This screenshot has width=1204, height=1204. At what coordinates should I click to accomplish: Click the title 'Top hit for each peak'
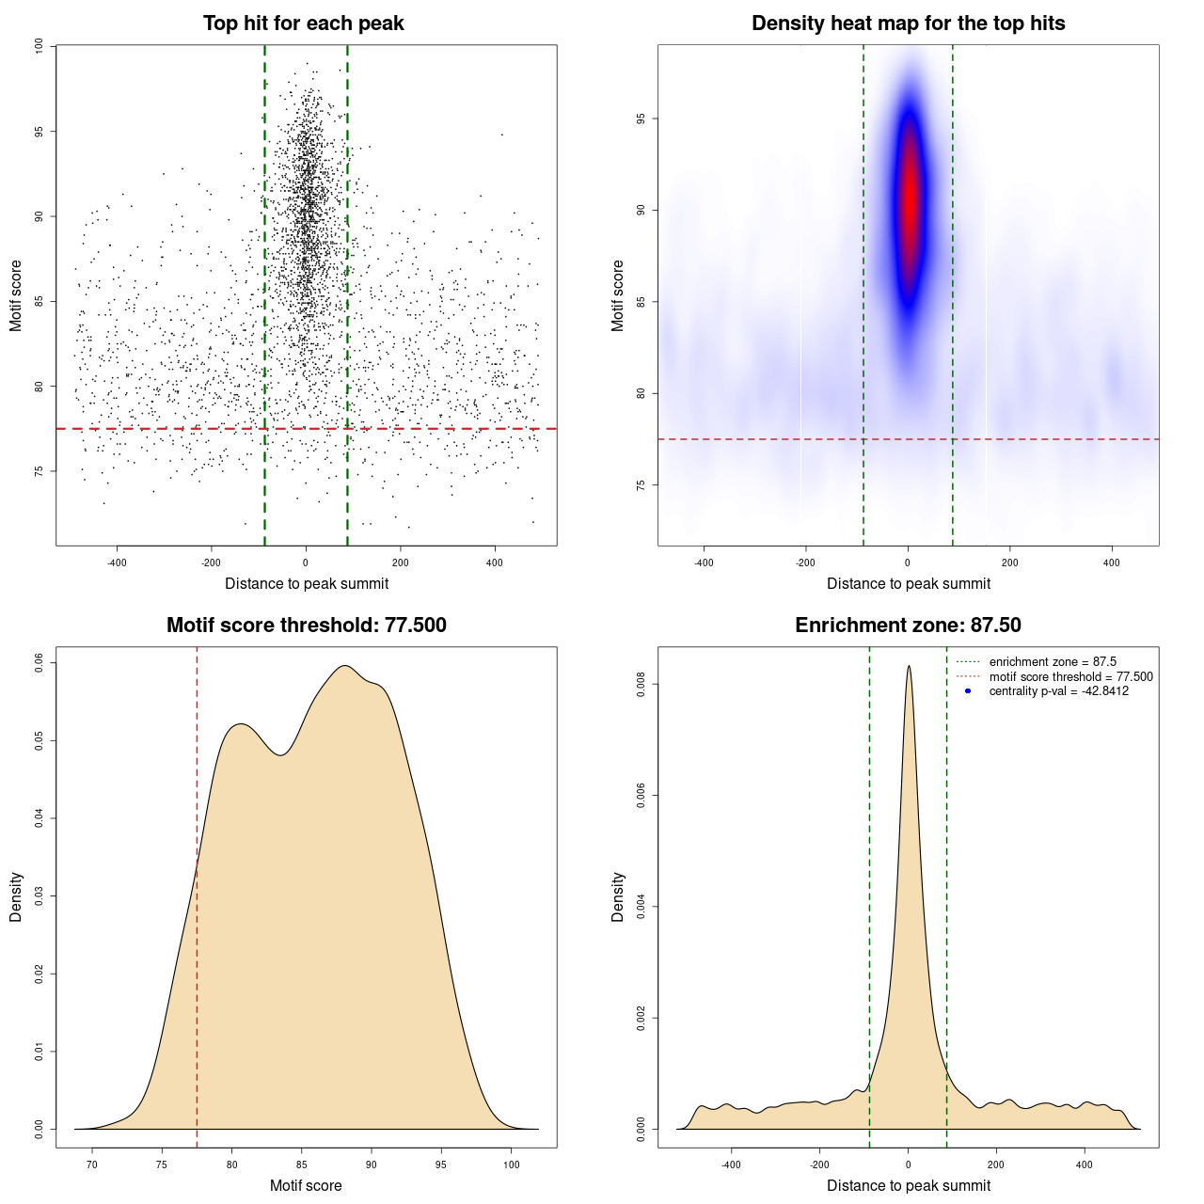304,24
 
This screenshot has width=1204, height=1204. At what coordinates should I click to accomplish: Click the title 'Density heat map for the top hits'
908,24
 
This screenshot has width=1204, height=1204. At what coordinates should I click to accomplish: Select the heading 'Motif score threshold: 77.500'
306,626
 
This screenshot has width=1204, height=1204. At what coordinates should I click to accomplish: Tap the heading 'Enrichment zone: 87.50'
908,626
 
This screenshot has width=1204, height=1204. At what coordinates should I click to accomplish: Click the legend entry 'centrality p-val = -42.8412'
1058,691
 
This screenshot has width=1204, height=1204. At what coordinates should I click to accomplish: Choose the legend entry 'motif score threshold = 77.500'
1070,677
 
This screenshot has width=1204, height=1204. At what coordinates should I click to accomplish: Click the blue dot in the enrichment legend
968,691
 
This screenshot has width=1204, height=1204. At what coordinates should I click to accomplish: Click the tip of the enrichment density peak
909,667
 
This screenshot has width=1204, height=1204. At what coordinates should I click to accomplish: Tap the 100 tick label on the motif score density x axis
511,1165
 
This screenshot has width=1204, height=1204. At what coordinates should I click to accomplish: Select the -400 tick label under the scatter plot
117,563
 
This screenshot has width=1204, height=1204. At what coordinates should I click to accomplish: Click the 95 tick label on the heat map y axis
642,119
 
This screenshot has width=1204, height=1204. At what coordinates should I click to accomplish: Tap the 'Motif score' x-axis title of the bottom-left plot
306,1185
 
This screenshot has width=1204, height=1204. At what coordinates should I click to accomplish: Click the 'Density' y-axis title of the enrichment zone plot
618,896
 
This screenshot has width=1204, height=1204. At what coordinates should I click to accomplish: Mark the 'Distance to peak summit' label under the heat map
908,583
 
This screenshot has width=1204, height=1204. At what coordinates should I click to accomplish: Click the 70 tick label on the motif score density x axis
92,1165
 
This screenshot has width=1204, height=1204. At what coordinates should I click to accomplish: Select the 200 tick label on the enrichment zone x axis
996,1165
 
